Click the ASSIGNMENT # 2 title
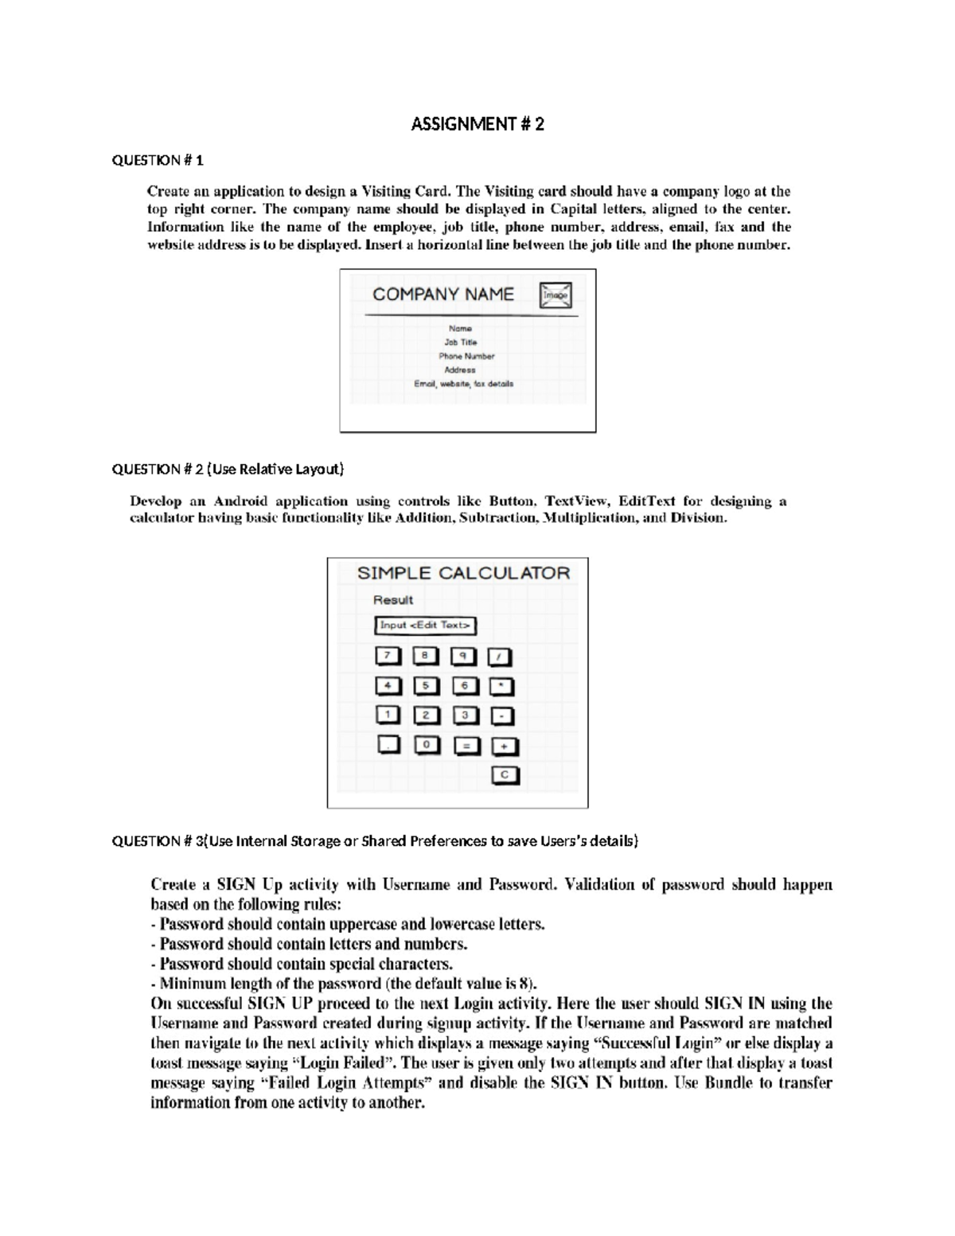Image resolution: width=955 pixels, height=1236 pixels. pyautogui.click(x=477, y=124)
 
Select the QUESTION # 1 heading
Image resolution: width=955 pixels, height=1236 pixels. pyautogui.click(x=158, y=161)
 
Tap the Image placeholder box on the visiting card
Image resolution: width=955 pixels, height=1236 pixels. pyautogui.click(x=555, y=295)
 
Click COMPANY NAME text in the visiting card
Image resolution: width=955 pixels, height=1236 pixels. pyautogui.click(x=442, y=294)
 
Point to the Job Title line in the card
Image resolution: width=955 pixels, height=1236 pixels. pyautogui.click(x=461, y=342)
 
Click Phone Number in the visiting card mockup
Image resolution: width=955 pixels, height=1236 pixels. pyautogui.click(x=466, y=357)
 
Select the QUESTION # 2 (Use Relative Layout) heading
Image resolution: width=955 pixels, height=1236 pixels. pyautogui.click(x=228, y=470)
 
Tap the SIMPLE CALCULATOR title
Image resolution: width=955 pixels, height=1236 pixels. pyautogui.click(x=463, y=573)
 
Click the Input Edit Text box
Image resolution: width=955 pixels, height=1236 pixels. pyautogui.click(x=425, y=626)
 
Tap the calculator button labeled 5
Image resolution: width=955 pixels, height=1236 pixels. pyautogui.click(x=426, y=685)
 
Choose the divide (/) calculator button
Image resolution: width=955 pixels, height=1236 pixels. pyautogui.click(x=500, y=657)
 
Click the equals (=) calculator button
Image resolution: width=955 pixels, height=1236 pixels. pyautogui.click(x=466, y=746)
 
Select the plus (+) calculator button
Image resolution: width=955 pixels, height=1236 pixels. pyautogui.click(x=505, y=747)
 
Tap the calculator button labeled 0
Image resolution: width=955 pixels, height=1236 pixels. pyautogui.click(x=427, y=745)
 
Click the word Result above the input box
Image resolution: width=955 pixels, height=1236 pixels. pyautogui.click(x=393, y=600)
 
